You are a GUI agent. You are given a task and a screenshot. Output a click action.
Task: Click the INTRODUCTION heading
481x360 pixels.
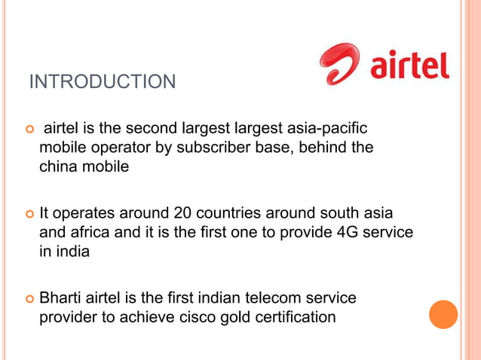pyautogui.click(x=102, y=81)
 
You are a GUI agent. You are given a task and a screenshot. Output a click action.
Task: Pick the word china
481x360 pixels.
pyautogui.click(x=60, y=167)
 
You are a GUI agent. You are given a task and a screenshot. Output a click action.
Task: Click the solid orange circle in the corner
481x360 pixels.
pyautogui.click(x=443, y=314)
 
